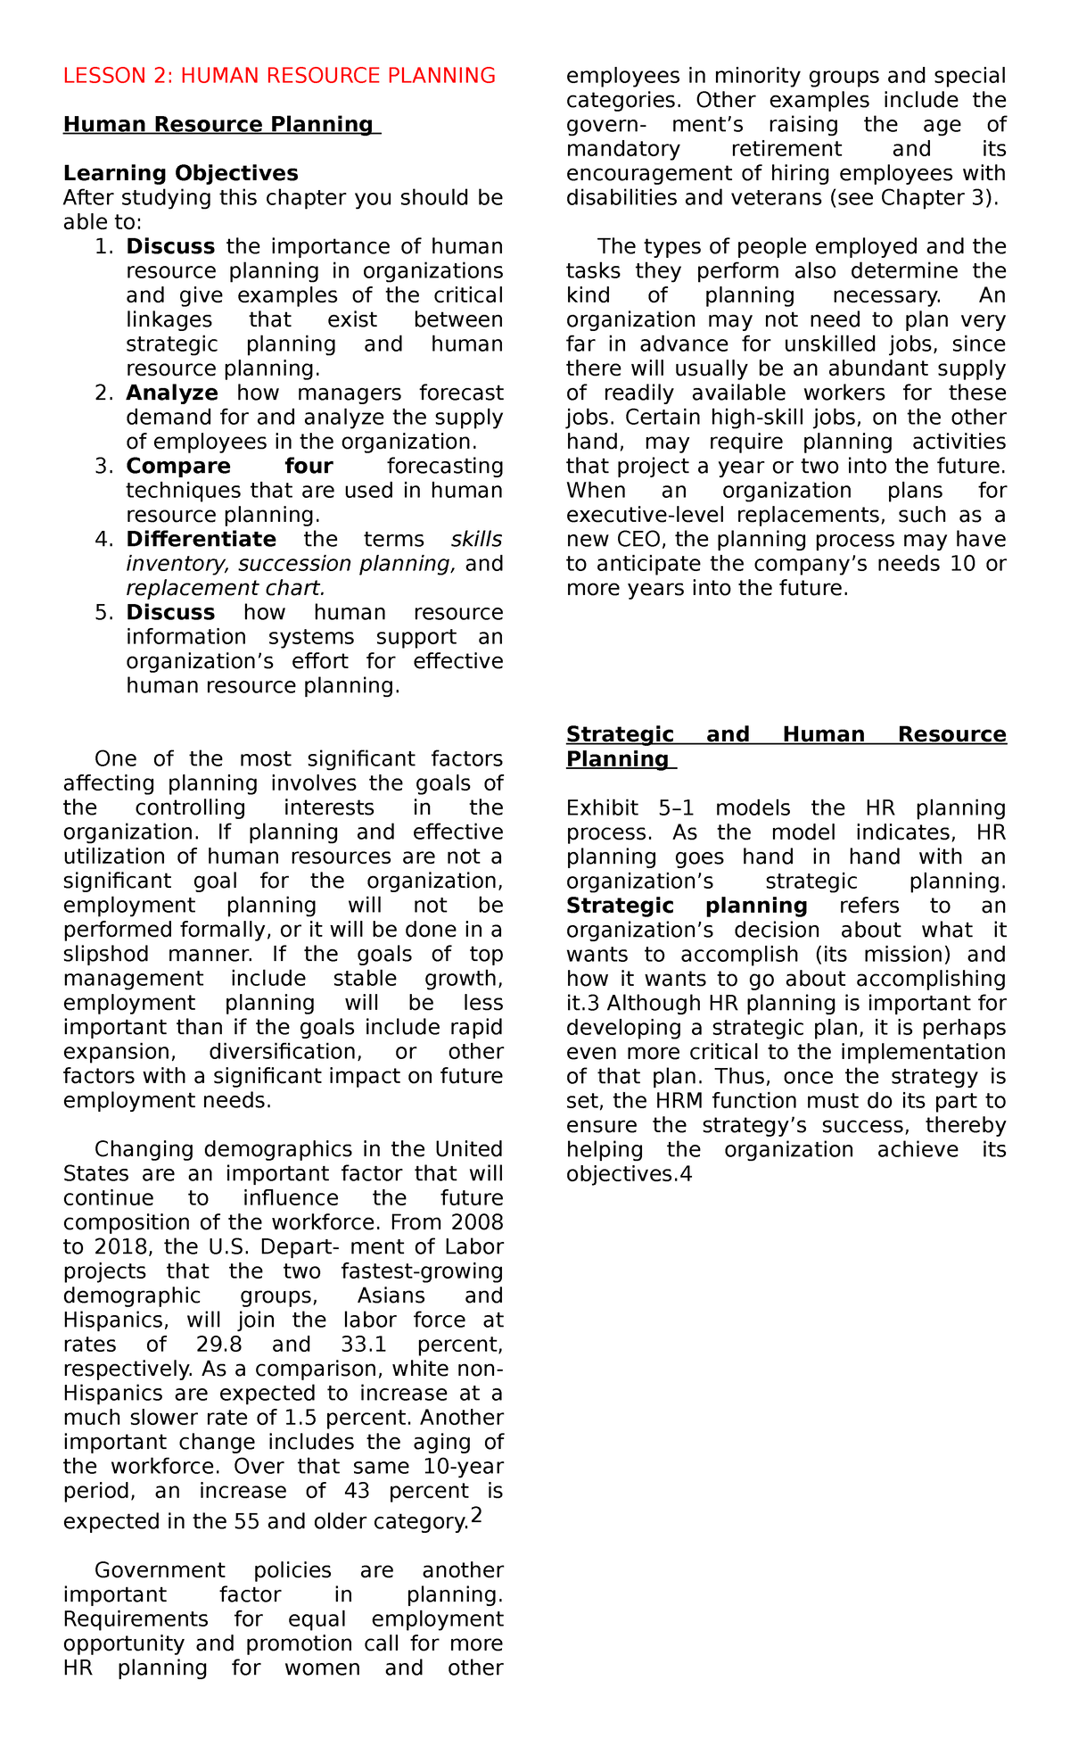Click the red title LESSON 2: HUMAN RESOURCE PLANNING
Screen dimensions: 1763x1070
point(279,76)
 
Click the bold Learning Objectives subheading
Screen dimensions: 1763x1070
point(181,173)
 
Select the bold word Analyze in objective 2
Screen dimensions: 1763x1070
point(172,393)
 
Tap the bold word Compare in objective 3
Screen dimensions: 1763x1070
point(178,467)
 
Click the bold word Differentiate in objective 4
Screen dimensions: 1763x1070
point(201,540)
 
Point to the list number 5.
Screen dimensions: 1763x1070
point(103,613)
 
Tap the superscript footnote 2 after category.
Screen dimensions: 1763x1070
point(476,1515)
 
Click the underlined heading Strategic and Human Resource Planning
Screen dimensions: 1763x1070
point(786,747)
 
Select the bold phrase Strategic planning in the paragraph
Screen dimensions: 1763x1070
point(687,906)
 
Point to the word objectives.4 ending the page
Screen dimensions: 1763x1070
point(629,1175)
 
